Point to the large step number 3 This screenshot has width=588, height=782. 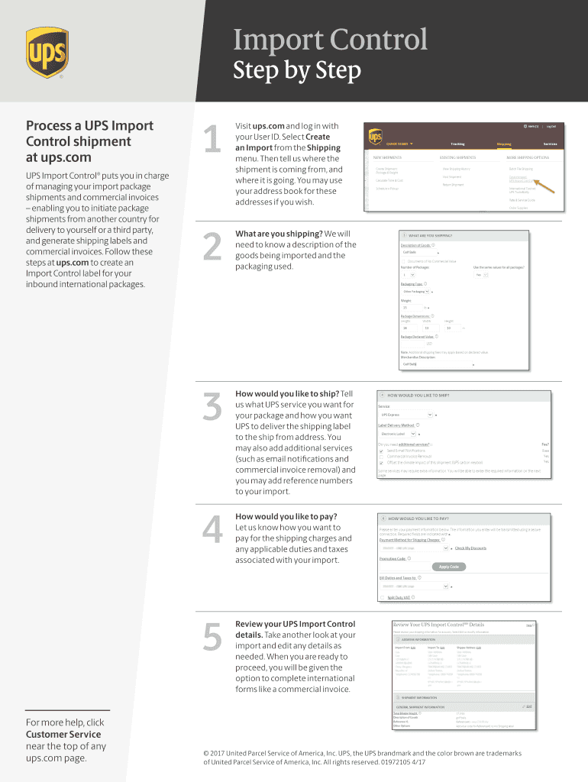pos(212,406)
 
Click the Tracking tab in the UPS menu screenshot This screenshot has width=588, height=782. pos(457,144)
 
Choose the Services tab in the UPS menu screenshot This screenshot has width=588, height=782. pos(550,144)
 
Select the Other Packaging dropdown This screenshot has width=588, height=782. pos(417,292)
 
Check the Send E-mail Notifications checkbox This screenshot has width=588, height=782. pos(382,451)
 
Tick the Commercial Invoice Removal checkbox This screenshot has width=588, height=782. pos(382,457)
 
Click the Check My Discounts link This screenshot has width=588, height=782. pos(470,548)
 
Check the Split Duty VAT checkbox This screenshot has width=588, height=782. pos(382,597)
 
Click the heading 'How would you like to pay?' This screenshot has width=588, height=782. pos(286,516)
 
